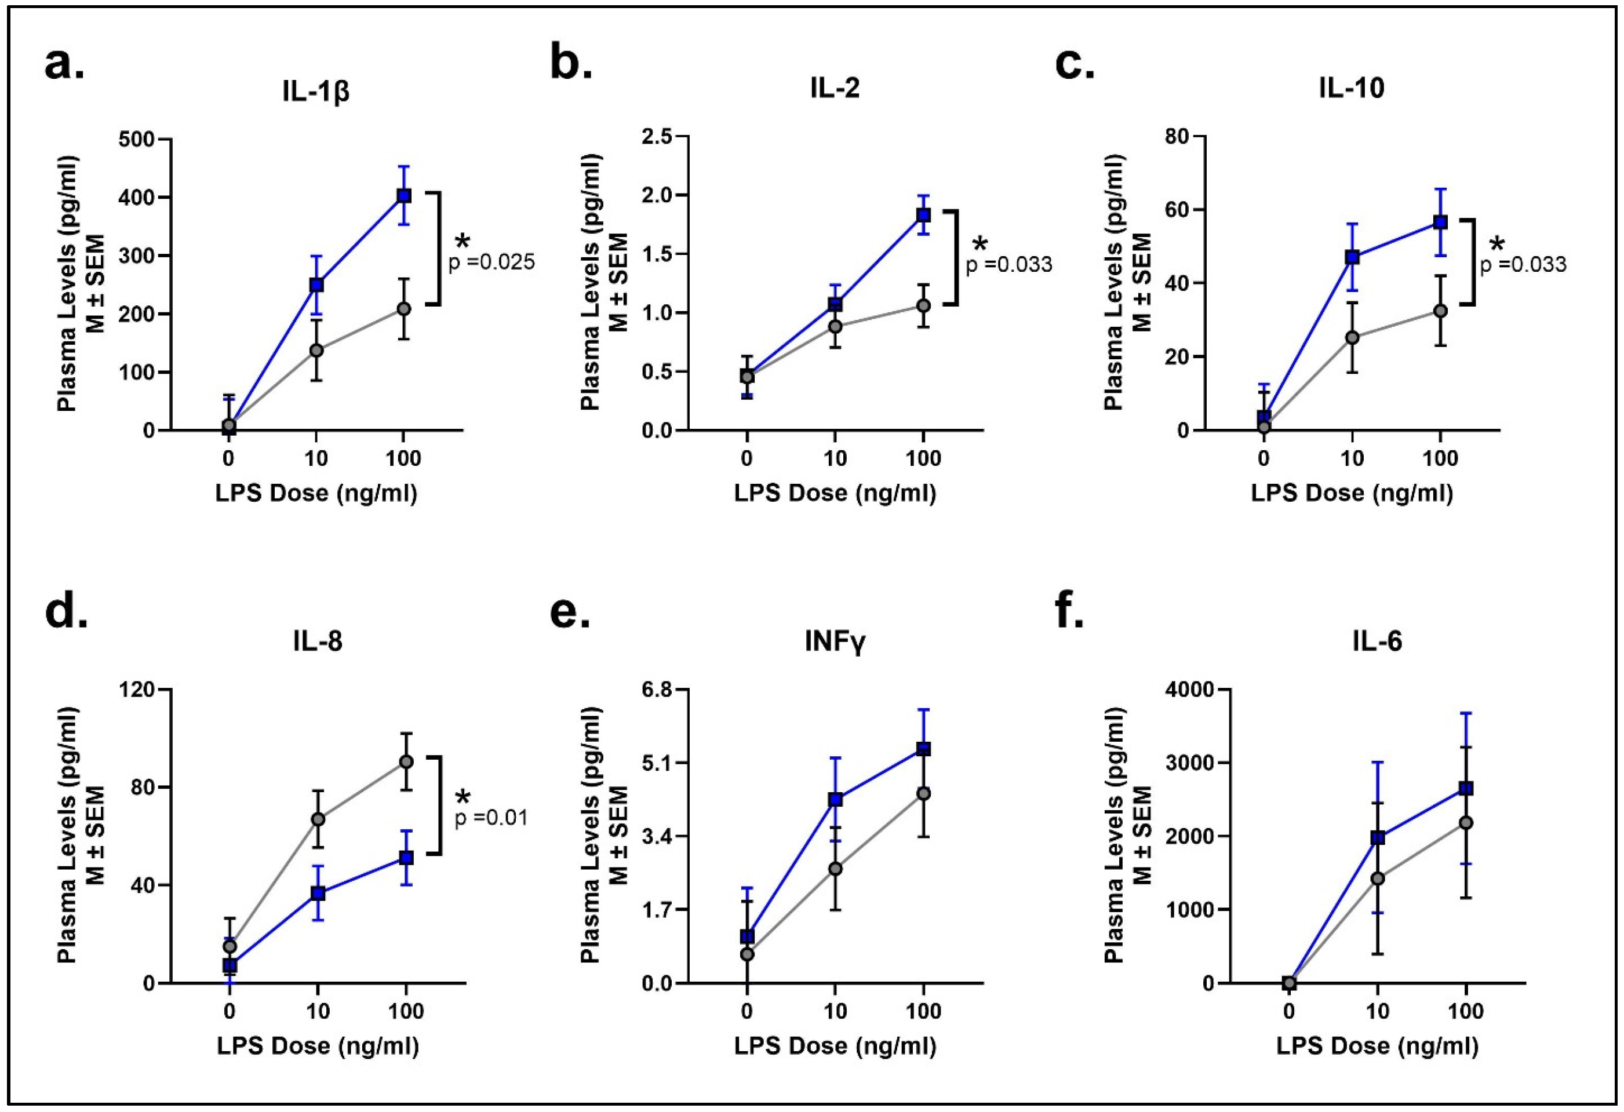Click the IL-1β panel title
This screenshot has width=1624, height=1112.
(316, 92)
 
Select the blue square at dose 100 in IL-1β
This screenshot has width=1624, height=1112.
(403, 196)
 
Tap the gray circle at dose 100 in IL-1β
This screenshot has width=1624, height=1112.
(403, 309)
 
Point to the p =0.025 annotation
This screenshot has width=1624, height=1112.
(491, 262)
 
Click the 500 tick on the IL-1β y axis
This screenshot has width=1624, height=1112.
(138, 139)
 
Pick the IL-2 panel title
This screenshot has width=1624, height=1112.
(835, 89)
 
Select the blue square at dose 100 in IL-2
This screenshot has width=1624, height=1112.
(923, 214)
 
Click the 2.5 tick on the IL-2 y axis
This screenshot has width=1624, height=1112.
(656, 136)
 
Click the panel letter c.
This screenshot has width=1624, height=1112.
(1075, 65)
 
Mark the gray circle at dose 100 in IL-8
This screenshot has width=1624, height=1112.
(406, 761)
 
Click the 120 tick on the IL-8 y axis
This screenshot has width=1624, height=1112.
(138, 690)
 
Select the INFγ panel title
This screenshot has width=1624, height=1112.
(835, 641)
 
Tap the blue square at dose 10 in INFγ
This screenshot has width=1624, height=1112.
(835, 800)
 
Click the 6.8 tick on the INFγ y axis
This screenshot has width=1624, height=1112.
(656, 690)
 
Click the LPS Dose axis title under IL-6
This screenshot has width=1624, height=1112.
(1377, 1045)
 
